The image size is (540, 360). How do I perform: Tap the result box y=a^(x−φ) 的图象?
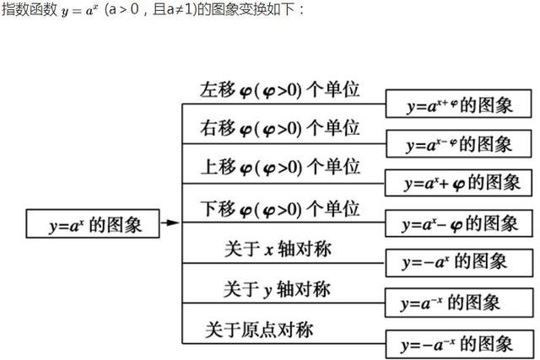pyautogui.click(x=459, y=144)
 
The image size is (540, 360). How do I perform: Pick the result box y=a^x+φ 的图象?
pyautogui.click(x=461, y=183)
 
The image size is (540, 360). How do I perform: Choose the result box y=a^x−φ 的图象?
pyautogui.click(x=461, y=223)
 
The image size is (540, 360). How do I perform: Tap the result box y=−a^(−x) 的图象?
pyautogui.click(x=457, y=343)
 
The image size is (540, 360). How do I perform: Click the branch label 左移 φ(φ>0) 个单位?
pyautogui.click(x=280, y=89)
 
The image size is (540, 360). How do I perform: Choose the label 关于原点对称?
pyautogui.click(x=259, y=329)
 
